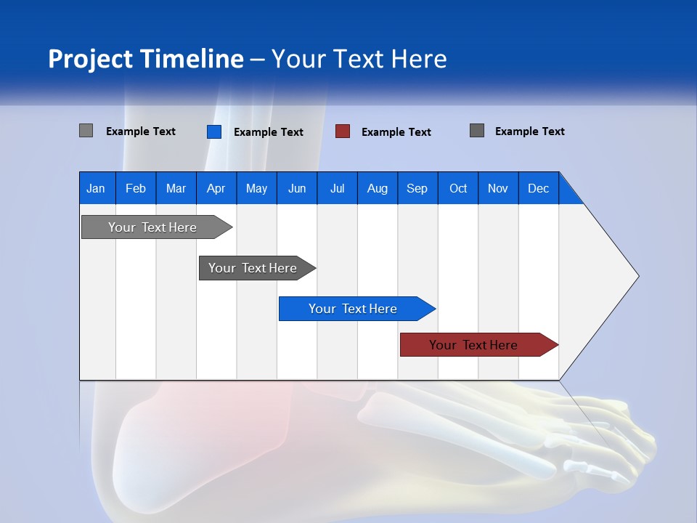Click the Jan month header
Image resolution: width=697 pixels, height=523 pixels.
96,188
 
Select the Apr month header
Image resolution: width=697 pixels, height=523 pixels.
216,188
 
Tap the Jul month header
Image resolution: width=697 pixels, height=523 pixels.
337,188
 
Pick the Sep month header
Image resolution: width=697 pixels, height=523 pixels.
417,188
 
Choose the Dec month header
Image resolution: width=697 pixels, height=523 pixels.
538,188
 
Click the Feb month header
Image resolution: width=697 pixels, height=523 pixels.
136,188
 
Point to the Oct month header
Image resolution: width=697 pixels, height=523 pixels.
457,188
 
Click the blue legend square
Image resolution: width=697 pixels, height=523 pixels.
213,131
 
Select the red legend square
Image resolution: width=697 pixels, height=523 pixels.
343,131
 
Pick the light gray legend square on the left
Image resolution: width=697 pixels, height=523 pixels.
86,131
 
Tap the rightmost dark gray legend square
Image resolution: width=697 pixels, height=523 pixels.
477,131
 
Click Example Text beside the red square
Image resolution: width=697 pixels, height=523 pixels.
396,132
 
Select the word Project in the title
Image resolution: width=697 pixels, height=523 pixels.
90,59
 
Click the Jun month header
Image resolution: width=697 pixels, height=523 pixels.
296,188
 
